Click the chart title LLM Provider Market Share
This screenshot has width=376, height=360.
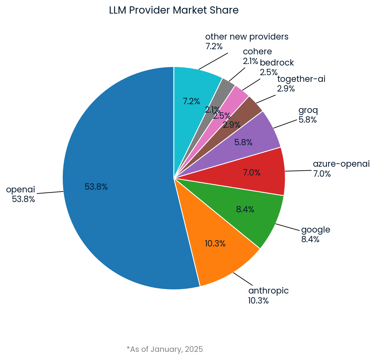(x=174, y=10)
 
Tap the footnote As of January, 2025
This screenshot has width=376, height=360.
(x=165, y=349)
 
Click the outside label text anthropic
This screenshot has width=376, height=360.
(x=268, y=291)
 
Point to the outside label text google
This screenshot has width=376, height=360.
(x=316, y=230)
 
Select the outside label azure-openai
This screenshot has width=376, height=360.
(x=341, y=164)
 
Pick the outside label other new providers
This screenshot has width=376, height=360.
(x=247, y=37)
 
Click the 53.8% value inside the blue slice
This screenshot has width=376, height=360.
(x=96, y=187)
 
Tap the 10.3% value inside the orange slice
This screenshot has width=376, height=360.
(x=215, y=243)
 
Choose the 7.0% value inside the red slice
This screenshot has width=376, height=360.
(x=252, y=173)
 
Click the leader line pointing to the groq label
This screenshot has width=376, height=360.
(x=285, y=124)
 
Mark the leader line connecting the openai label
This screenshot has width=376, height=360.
(x=50, y=192)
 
